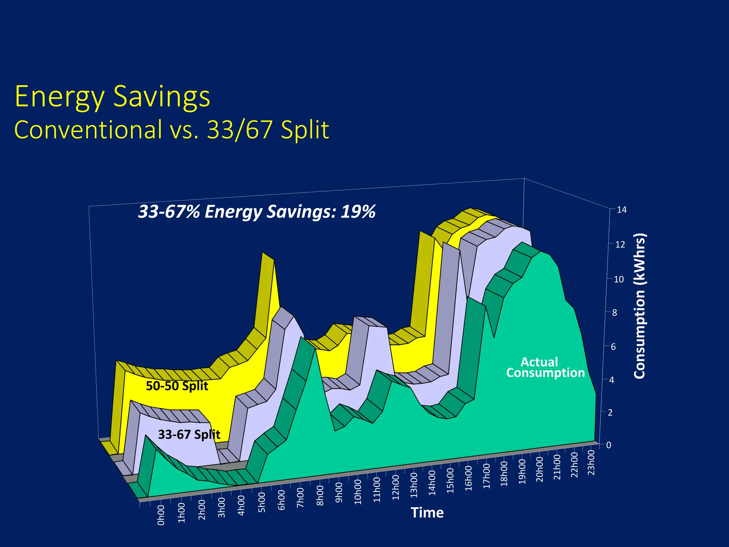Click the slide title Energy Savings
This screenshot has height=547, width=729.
pos(112,97)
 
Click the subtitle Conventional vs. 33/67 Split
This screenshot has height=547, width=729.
pos(172,130)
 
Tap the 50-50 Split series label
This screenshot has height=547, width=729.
pos(177,386)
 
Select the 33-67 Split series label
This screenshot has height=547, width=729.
pos(189,434)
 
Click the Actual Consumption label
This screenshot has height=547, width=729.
pos(545,368)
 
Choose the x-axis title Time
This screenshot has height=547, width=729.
pos(427,513)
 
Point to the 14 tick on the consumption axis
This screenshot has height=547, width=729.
pos(622,210)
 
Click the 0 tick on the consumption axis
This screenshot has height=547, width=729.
pos(608,445)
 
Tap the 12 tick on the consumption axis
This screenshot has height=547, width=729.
pos(620,245)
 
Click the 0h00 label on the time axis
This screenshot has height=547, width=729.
pos(161,515)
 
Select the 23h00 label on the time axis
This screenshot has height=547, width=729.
pos(591,462)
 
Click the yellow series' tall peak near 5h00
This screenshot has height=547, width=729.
pos(268,256)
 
